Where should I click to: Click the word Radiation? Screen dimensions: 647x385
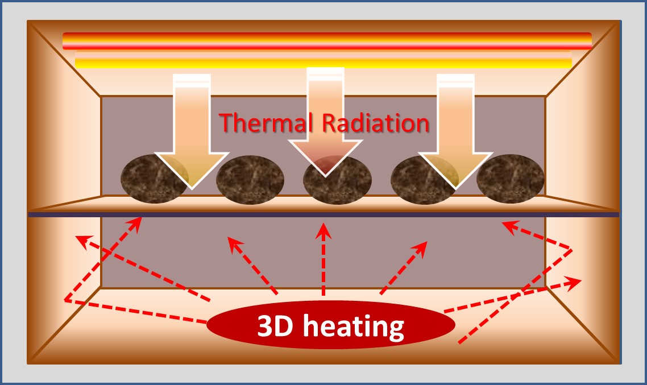pos(375,123)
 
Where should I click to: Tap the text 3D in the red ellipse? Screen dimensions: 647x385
pos(275,325)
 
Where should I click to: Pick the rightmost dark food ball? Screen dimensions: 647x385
pos(511,179)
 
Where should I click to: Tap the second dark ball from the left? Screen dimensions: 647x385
pos(250,180)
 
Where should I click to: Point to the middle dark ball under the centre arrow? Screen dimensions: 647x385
pos(338,180)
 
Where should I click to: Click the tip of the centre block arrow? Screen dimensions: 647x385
pos(325,177)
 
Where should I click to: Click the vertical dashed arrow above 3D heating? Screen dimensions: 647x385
pos(323,259)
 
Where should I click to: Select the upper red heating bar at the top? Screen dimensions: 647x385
pos(327,41)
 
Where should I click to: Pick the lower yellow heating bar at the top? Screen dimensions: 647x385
pos(323,59)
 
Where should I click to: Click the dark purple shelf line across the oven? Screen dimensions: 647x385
pos(323,214)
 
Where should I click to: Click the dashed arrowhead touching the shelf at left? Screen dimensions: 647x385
pos(136,223)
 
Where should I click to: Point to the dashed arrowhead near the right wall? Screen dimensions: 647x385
pos(574,283)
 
